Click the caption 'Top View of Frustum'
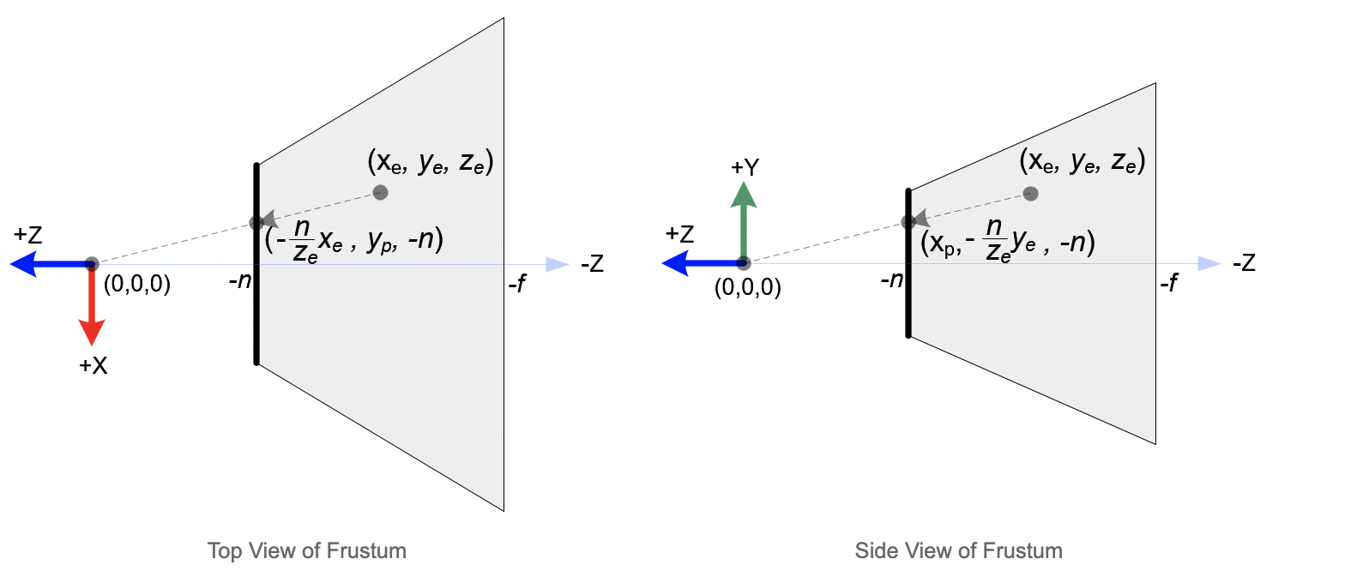(306, 550)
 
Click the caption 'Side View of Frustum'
(958, 550)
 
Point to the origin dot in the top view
(92, 264)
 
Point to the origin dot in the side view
(744, 264)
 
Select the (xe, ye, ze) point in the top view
(381, 193)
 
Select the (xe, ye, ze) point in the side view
(1031, 194)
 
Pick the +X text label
(93, 365)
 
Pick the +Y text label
(745, 167)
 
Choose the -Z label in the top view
(592, 264)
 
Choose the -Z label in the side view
(1244, 264)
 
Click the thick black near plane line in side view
(908, 292)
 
